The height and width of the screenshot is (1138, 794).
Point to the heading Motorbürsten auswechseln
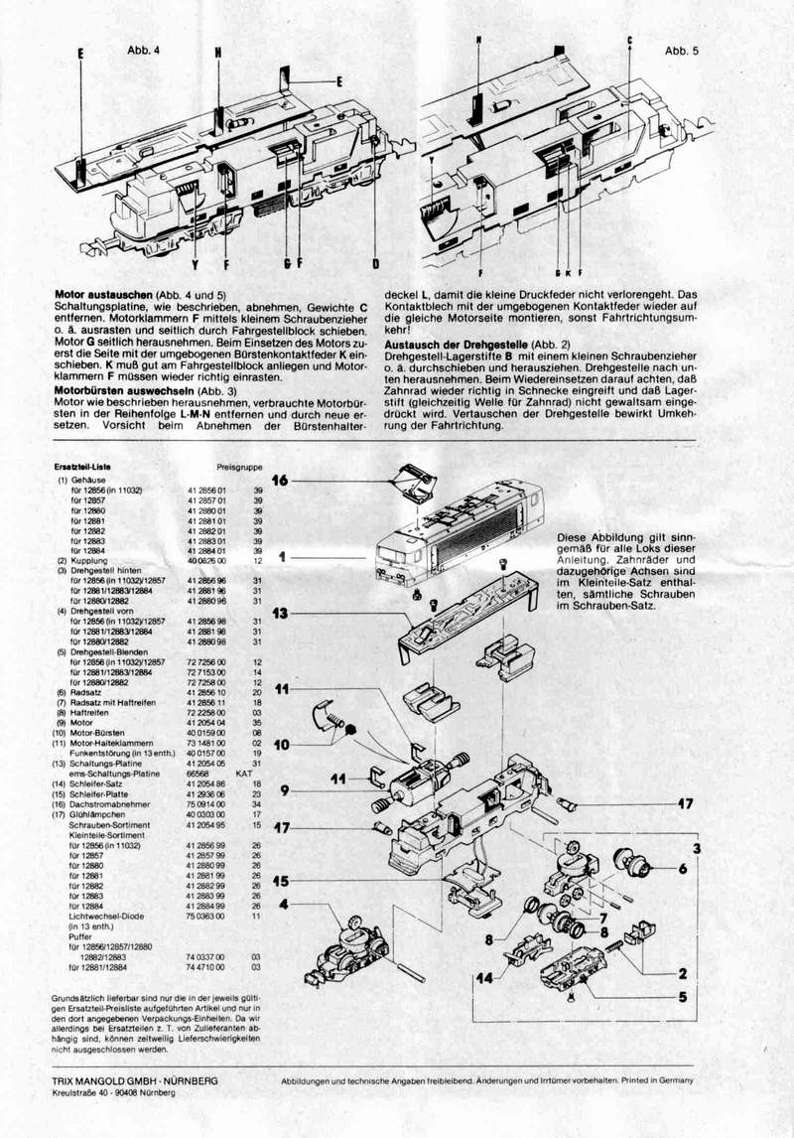(x=124, y=391)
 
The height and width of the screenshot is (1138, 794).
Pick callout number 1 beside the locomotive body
(x=283, y=558)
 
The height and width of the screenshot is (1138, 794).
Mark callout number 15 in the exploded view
(x=282, y=880)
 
